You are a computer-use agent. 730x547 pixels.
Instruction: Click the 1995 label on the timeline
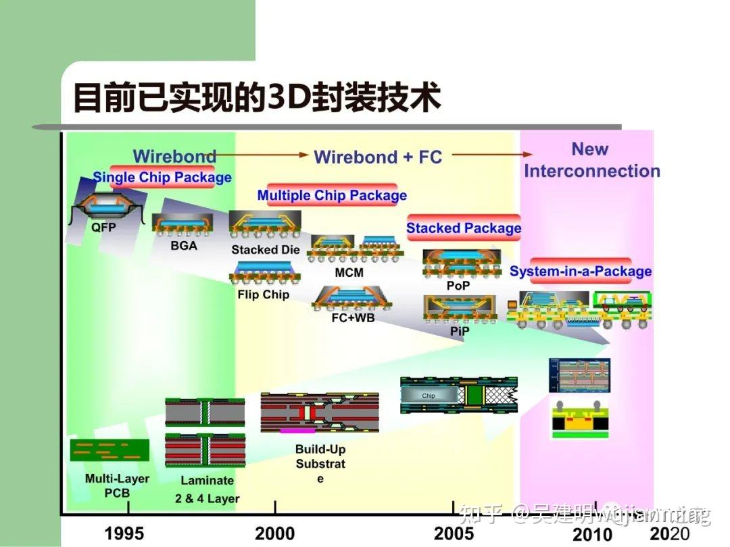[124, 533]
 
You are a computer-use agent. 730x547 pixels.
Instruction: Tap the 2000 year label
[275, 533]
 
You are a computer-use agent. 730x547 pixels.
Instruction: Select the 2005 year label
[454, 533]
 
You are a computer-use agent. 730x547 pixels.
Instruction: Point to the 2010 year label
[592, 535]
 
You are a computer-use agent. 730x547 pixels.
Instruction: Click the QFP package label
[103, 228]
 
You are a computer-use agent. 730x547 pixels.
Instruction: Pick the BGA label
[184, 246]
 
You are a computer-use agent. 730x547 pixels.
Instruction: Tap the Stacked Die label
[266, 250]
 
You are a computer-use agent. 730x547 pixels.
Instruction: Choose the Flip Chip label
[263, 294]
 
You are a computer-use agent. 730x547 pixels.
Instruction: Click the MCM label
[349, 273]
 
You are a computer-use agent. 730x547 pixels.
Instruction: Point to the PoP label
[458, 286]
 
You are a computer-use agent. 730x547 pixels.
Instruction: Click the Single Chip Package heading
[162, 178]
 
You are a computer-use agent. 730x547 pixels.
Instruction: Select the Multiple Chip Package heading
[332, 196]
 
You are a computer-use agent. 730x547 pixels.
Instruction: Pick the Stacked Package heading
[464, 228]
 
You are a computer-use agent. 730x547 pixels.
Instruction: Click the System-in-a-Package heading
[581, 271]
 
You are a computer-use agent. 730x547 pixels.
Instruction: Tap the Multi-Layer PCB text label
[107, 486]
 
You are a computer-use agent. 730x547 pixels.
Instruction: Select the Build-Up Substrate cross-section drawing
[320, 412]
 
